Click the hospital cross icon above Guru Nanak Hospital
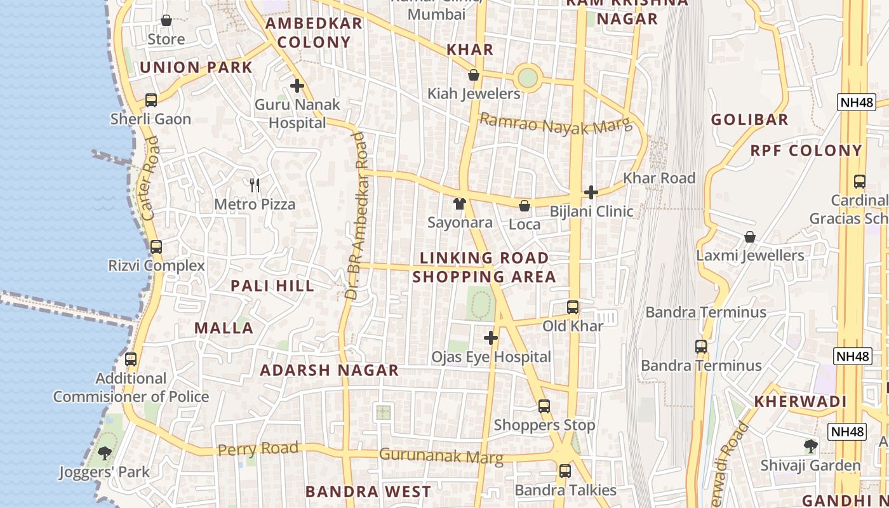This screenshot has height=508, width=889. click(x=297, y=86)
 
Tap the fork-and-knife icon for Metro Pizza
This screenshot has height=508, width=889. click(x=255, y=185)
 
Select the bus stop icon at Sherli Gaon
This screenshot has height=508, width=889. click(x=151, y=100)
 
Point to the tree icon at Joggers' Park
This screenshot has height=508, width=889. click(x=105, y=453)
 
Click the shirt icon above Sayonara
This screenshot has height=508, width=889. click(x=460, y=204)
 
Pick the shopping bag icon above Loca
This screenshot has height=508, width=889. click(x=525, y=206)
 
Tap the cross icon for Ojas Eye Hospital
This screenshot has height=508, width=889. click(x=491, y=338)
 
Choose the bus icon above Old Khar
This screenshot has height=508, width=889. click(x=573, y=307)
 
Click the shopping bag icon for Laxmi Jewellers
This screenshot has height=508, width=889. click(x=750, y=237)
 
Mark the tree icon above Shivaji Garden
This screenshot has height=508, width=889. click(x=810, y=446)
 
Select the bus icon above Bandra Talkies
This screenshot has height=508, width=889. click(x=565, y=471)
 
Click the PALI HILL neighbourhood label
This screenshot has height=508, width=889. click(x=272, y=286)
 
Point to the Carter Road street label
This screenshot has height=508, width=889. click(x=150, y=178)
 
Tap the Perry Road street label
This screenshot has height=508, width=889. click(x=258, y=449)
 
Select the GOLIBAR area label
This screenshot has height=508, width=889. click(x=749, y=119)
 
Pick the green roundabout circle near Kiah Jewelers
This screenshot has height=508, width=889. click(x=528, y=77)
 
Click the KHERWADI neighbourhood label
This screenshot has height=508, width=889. click(x=800, y=401)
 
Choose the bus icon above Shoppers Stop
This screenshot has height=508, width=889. click(x=544, y=406)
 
